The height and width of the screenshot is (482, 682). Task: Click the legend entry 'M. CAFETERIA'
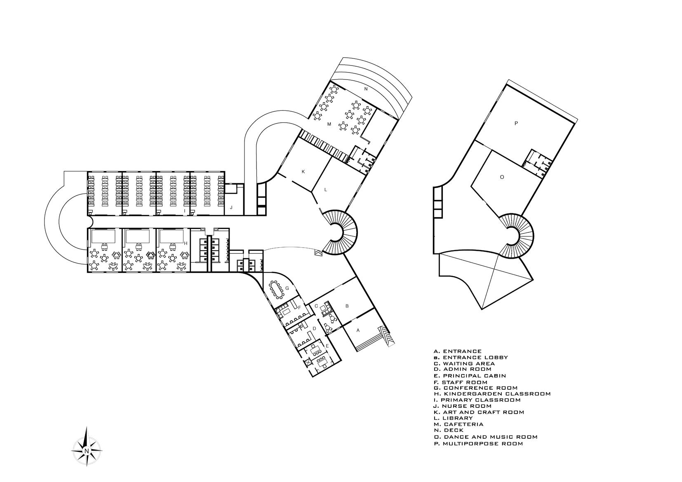coord(458,424)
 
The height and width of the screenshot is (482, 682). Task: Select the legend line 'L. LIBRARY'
coord(453,418)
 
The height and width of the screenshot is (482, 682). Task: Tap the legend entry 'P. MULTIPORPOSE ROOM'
coord(478,444)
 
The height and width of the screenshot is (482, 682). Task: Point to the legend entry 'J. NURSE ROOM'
coord(457,406)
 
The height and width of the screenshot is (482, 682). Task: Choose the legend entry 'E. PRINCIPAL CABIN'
coord(470,376)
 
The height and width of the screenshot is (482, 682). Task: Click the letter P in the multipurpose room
coord(516,123)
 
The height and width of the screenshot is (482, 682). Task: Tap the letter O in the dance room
coord(501,177)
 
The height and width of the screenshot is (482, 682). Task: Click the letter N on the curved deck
coord(365,89)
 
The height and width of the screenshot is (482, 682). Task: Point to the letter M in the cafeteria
coord(329,124)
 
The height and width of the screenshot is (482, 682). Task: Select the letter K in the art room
coord(303,172)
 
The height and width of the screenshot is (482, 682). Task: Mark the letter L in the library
coord(325,190)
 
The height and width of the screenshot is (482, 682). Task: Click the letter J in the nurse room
coord(231,208)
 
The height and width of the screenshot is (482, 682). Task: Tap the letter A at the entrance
coord(358,330)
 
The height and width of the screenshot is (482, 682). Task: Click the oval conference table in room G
coord(276,290)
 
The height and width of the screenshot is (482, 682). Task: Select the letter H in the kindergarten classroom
coord(186,243)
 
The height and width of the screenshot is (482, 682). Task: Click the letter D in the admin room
coord(314,328)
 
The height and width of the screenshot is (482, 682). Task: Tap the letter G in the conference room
coord(287,288)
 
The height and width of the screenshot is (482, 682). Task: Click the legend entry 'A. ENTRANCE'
coord(458,351)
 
